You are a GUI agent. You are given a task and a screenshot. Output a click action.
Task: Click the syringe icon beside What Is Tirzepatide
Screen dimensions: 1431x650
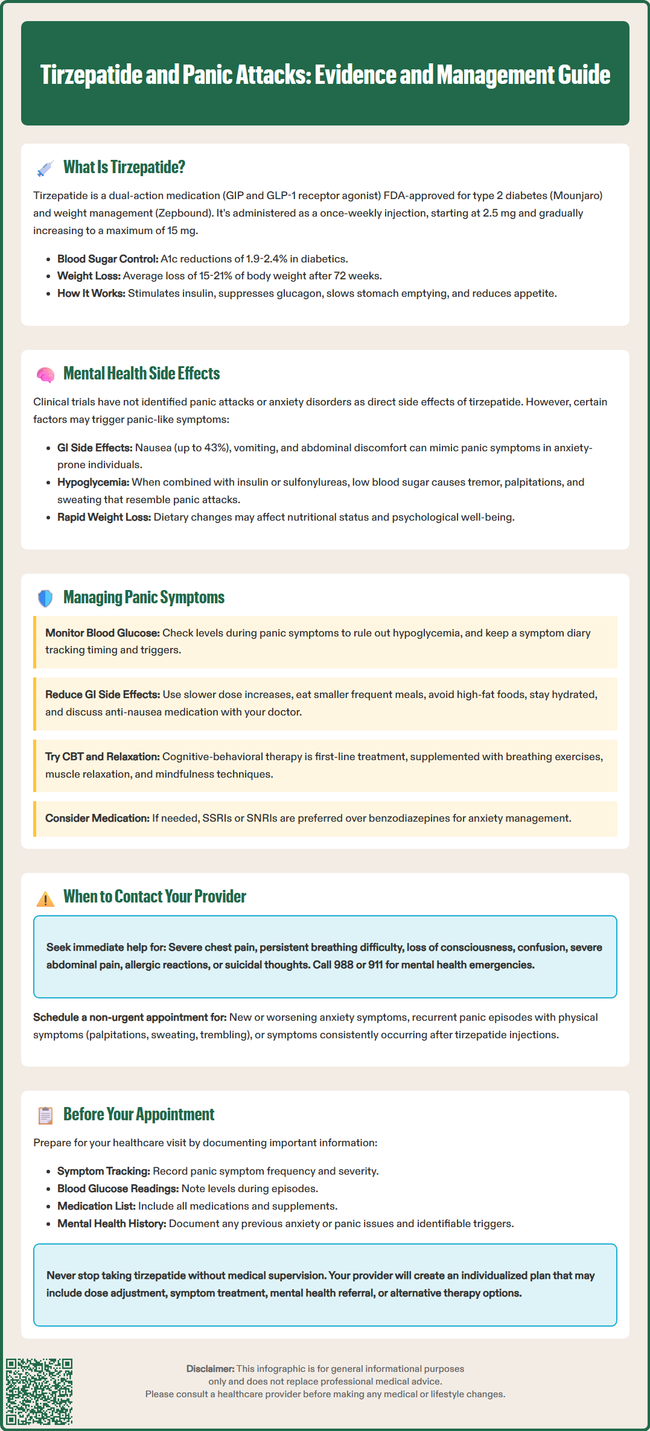[x=45, y=168]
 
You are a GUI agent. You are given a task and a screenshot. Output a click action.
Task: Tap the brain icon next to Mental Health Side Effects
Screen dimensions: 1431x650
[x=45, y=375]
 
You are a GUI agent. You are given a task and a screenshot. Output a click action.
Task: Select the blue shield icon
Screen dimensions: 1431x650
[x=45, y=598]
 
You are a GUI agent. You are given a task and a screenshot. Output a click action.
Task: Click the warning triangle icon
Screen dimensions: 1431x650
[x=45, y=898]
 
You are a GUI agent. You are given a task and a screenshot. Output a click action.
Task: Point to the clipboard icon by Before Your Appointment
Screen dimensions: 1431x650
[x=45, y=1115]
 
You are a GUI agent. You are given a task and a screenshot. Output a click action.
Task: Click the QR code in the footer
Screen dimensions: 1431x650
[x=39, y=1391]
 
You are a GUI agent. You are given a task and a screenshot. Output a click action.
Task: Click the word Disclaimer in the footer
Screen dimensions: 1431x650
[x=209, y=1369]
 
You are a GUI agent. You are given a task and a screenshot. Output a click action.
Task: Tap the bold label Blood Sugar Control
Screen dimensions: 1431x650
[x=107, y=259]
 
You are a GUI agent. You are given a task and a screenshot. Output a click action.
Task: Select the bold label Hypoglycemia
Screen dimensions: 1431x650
[x=93, y=482]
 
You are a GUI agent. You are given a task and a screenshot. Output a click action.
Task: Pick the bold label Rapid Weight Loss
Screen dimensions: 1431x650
[x=104, y=517]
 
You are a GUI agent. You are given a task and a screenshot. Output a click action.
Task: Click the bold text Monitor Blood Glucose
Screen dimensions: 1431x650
[x=103, y=633]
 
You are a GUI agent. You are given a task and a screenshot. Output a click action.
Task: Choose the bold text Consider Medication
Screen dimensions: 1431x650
[x=97, y=818]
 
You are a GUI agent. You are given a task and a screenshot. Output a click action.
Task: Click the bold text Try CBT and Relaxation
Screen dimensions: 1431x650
[x=102, y=757]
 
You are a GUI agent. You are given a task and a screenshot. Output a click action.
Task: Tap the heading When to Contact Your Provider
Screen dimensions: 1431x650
[x=155, y=896]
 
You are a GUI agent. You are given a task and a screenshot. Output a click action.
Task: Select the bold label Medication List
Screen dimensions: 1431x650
[x=96, y=1206]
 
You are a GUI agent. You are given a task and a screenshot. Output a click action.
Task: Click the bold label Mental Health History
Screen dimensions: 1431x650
[x=112, y=1223]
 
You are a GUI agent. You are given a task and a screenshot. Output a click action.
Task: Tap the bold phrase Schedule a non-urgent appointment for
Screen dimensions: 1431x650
[x=130, y=1017]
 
